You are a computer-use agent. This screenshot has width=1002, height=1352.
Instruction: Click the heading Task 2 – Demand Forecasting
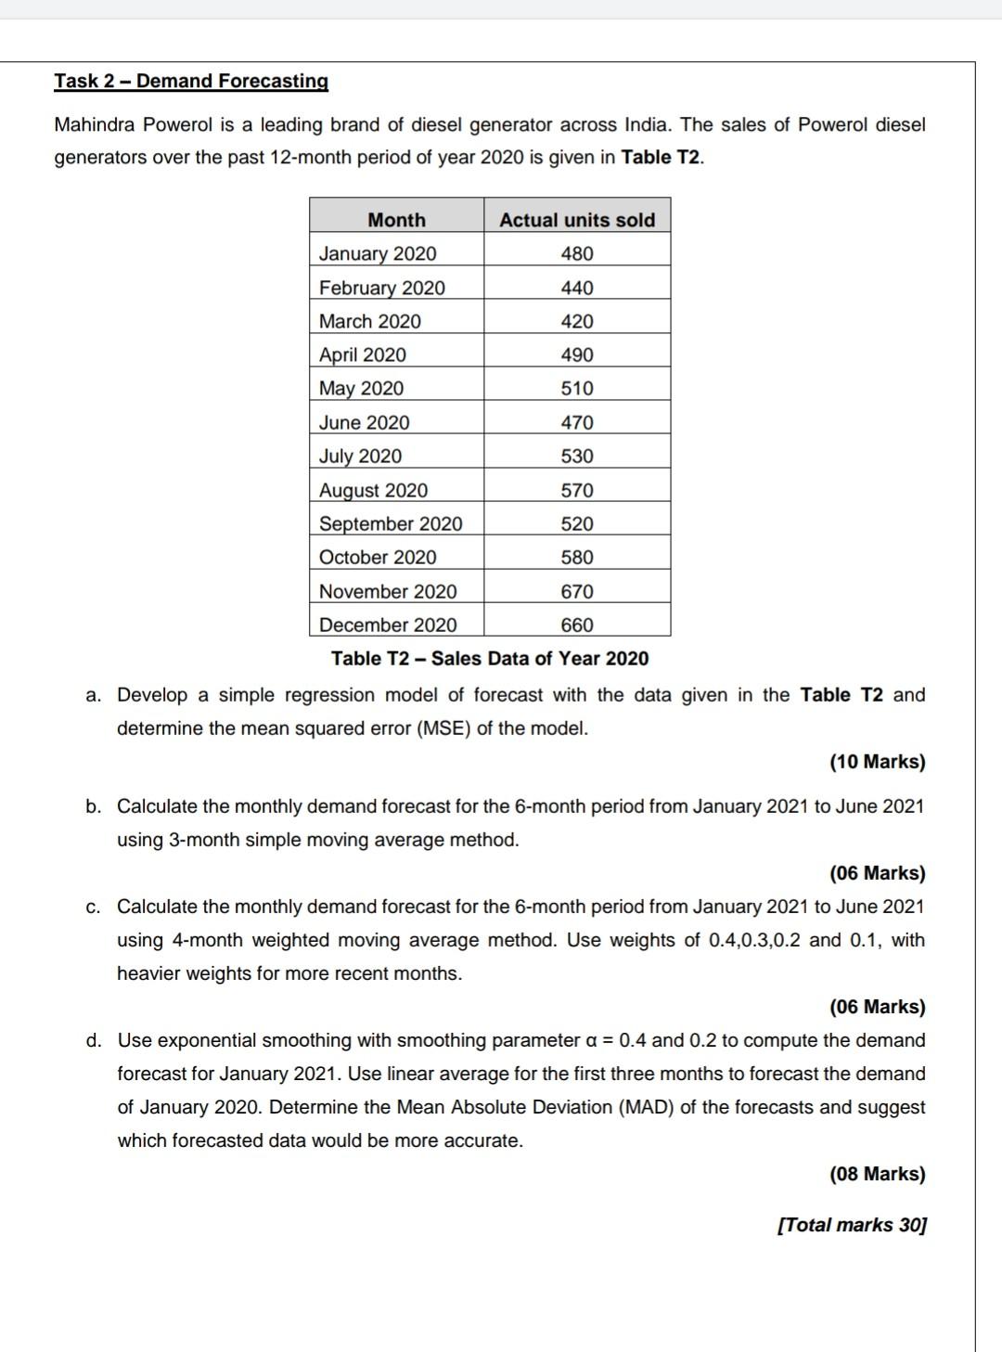[x=191, y=81]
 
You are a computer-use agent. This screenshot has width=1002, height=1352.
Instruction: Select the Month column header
[x=396, y=220]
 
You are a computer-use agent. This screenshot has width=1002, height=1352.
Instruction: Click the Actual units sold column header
[x=577, y=220]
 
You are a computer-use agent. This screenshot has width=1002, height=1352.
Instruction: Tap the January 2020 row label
[x=378, y=253]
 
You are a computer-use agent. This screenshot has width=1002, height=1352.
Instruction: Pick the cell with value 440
[x=577, y=288]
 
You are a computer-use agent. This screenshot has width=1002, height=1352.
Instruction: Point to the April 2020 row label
[x=363, y=354]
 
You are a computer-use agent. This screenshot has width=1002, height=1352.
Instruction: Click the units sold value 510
[x=577, y=388]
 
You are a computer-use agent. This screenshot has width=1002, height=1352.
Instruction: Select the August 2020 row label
[x=374, y=490]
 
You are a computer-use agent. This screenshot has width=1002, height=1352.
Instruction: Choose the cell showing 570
[x=577, y=490]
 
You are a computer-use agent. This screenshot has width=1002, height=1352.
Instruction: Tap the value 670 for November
[x=577, y=591]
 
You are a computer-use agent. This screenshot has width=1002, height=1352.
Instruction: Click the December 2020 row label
[x=388, y=624]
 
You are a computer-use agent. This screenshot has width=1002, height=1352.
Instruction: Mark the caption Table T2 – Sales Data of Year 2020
[x=490, y=658]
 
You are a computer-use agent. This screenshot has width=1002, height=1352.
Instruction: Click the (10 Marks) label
[x=877, y=762]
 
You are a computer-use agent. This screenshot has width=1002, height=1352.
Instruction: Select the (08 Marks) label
[x=877, y=1174]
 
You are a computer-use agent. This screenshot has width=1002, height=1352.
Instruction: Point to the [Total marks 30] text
[x=852, y=1225]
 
